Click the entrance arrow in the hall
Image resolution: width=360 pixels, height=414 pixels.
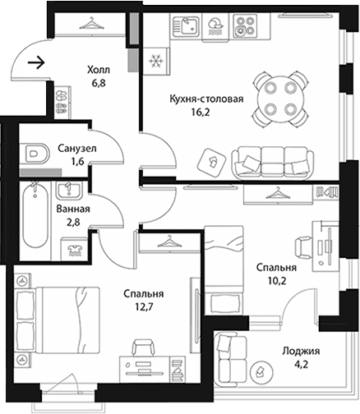[x=36, y=62]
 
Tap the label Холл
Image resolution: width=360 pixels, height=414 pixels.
[x=99, y=70]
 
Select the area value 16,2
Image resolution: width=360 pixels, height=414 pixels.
[x=201, y=112]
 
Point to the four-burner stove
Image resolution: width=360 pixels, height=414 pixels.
[x=244, y=26]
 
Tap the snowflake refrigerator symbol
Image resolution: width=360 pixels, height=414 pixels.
[x=155, y=61]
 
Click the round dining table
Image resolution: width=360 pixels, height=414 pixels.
[x=279, y=99]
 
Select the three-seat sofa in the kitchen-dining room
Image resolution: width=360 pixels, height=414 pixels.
[x=273, y=163]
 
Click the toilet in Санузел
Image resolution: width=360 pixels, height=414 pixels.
[x=34, y=153]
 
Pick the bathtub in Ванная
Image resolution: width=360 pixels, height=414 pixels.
[x=35, y=215]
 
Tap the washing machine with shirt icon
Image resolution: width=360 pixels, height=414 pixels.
[x=75, y=249]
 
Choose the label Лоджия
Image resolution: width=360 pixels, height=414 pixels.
[x=301, y=351]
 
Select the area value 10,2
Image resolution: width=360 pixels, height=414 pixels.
[x=277, y=281]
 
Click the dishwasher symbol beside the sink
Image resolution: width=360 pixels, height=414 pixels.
[x=215, y=26]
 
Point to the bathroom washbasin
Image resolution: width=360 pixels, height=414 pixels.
[x=68, y=191]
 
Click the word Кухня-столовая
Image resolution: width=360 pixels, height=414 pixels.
[x=206, y=99]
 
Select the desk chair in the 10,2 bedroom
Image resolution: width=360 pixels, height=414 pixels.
[x=303, y=247]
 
